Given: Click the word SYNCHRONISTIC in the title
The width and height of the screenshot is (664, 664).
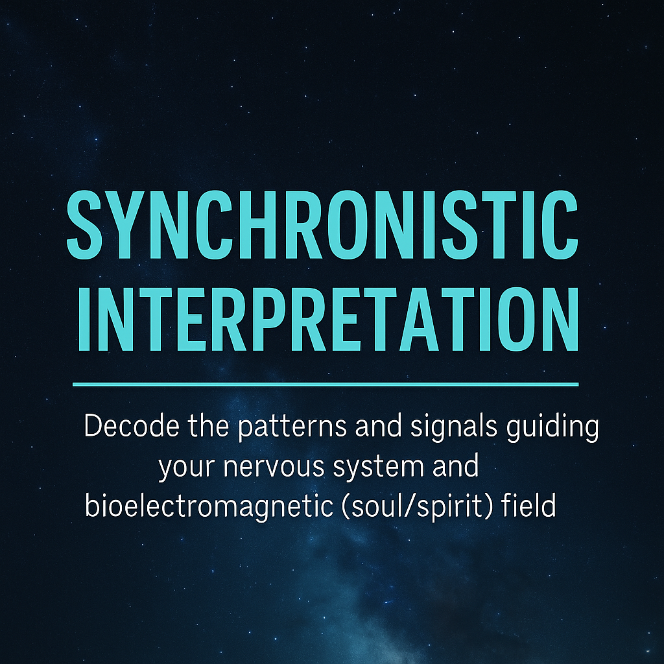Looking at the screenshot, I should point(322,223).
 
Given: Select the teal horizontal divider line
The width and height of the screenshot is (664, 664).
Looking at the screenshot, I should point(325,384).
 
